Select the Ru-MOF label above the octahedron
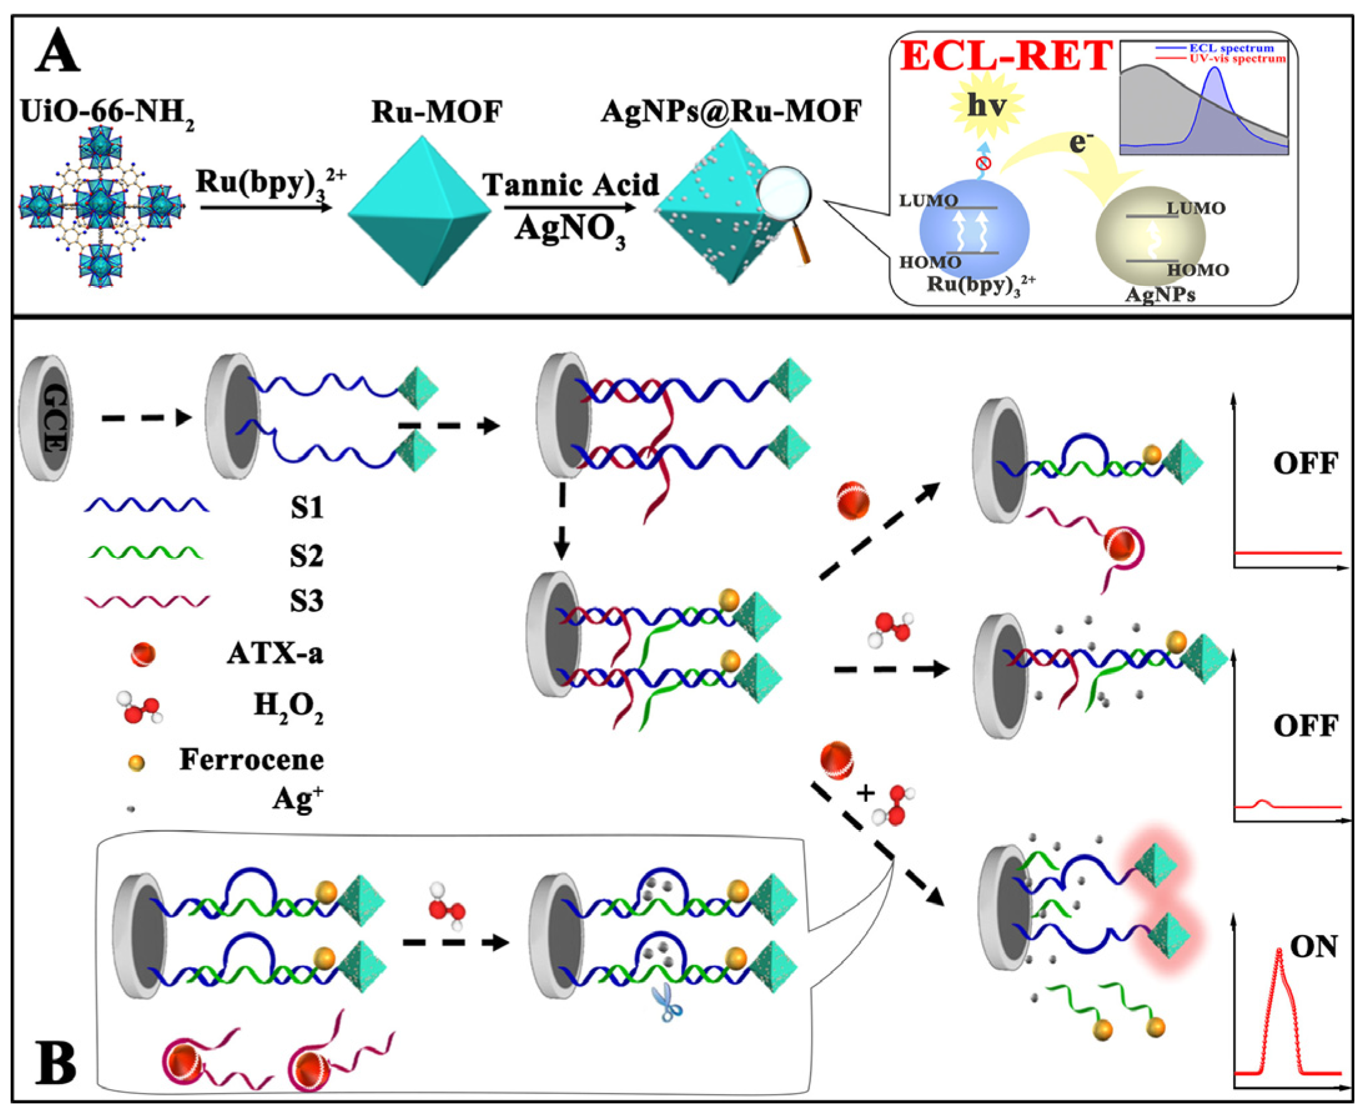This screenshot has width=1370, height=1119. click(436, 113)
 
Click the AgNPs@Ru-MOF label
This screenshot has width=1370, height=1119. click(731, 112)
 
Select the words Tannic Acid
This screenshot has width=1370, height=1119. click(571, 185)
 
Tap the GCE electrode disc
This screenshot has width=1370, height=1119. click(46, 418)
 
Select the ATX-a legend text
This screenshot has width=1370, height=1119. click(275, 654)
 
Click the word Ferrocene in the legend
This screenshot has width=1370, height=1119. click(252, 760)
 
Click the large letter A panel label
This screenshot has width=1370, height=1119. click(58, 53)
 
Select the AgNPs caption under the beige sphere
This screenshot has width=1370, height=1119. click(1160, 295)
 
